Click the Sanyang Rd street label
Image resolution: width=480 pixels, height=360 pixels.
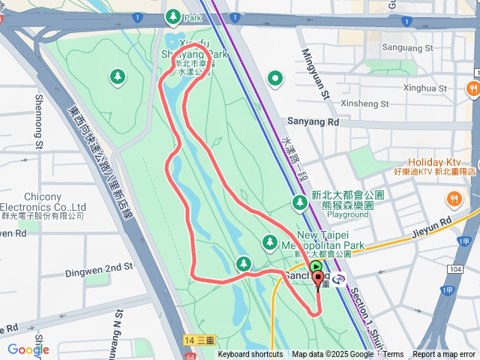click(313, 121)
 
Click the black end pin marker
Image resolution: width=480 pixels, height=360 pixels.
click(318, 281)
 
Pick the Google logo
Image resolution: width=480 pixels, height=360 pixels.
click(28, 349)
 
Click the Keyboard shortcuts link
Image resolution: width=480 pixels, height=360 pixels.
click(250, 355)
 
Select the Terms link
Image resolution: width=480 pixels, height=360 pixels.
click(394, 355)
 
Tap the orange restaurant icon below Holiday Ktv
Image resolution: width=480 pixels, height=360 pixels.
click(454, 198)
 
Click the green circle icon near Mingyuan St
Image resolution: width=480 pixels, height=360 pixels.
click(275, 77)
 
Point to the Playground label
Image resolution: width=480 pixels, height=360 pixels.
click(347, 214)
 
